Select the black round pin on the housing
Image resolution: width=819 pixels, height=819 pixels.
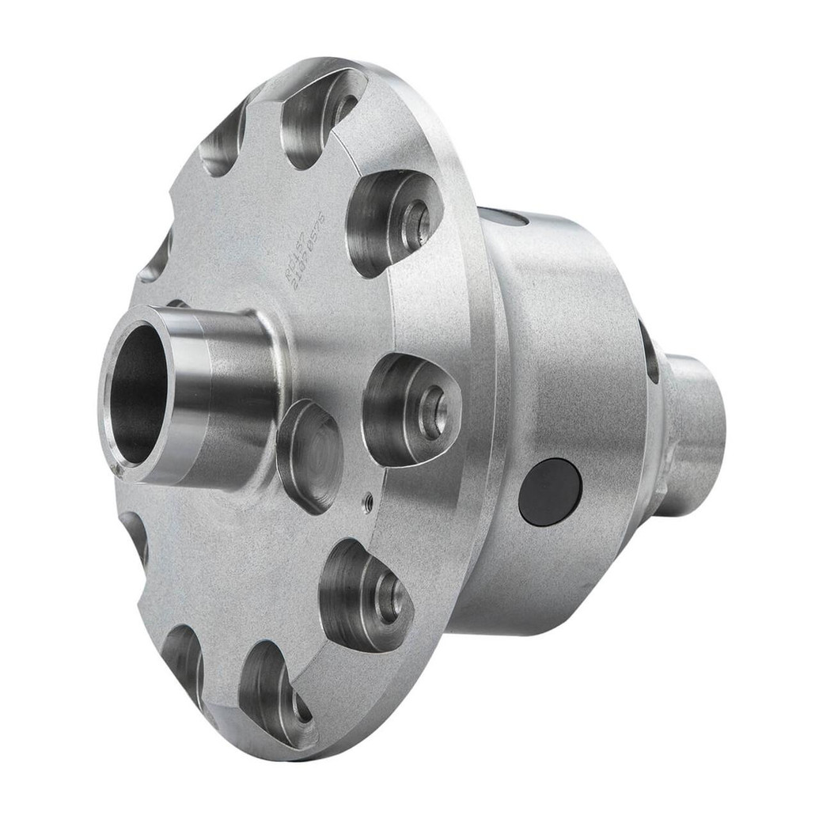point(550,491)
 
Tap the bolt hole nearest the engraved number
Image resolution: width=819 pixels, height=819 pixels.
point(415,224)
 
